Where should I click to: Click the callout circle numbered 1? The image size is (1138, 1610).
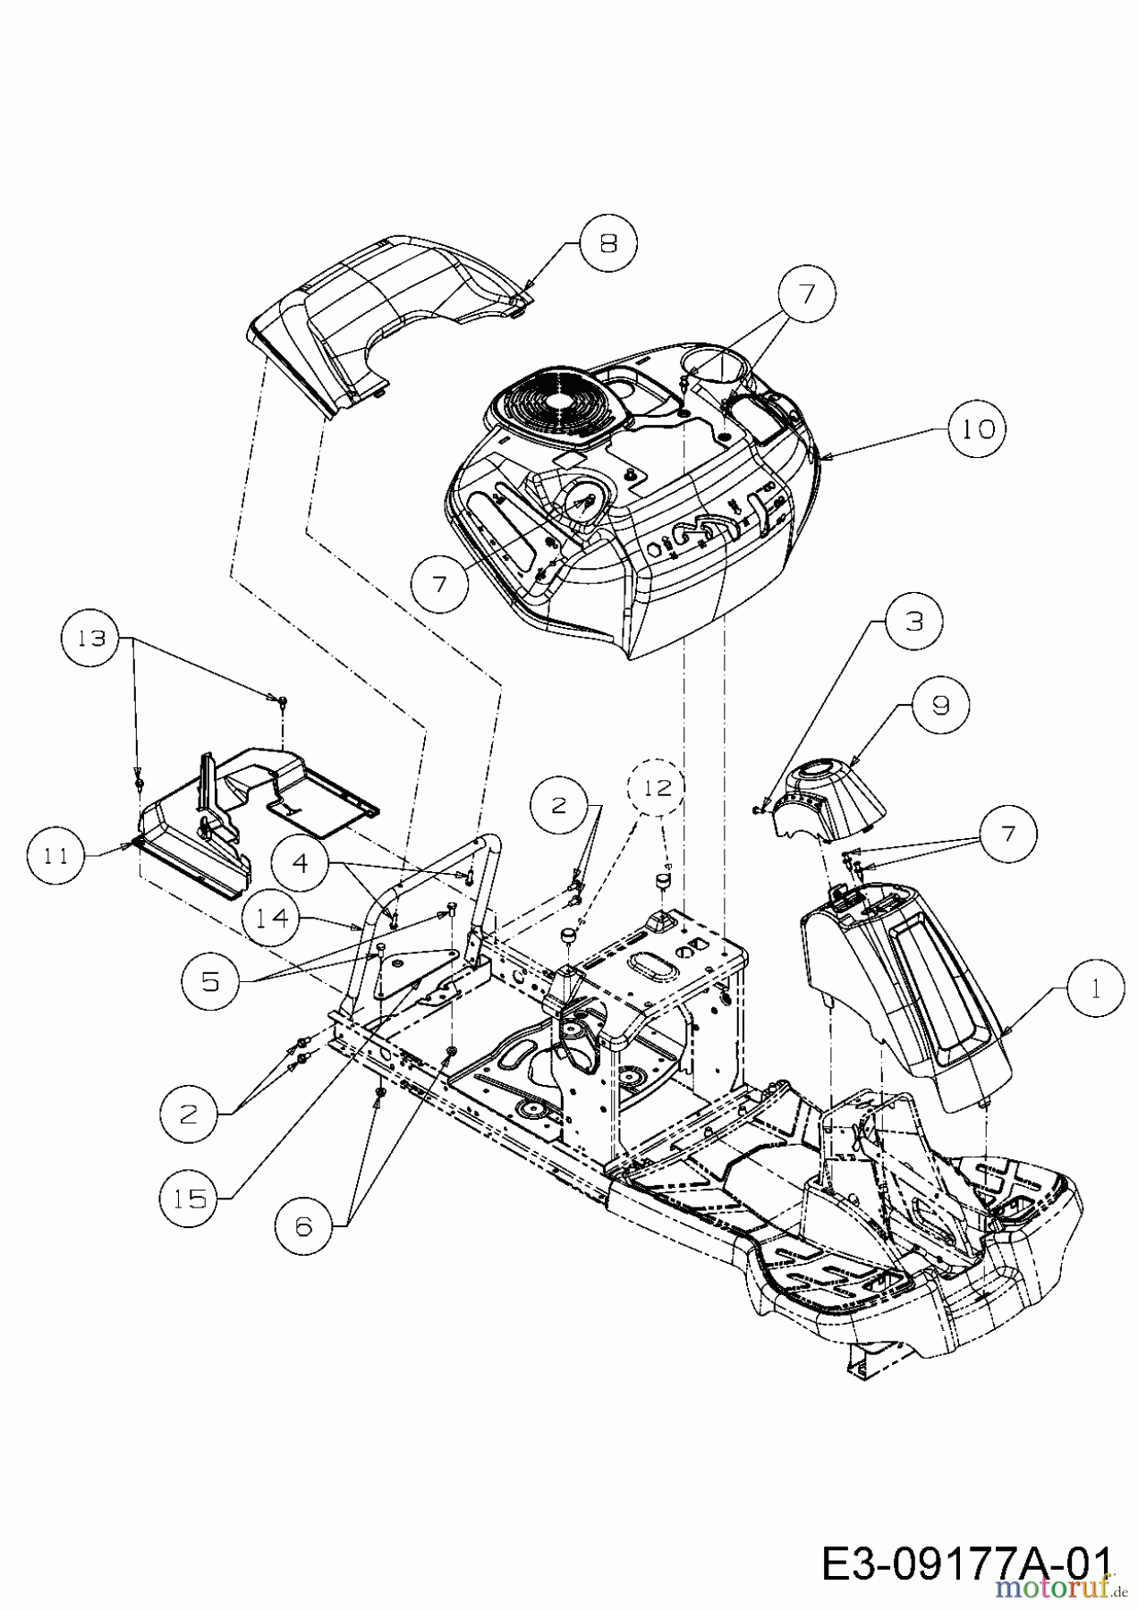[x=1095, y=988]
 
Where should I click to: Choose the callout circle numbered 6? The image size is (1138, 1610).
[x=303, y=1225]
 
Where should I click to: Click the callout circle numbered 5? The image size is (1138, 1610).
[x=209, y=981]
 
